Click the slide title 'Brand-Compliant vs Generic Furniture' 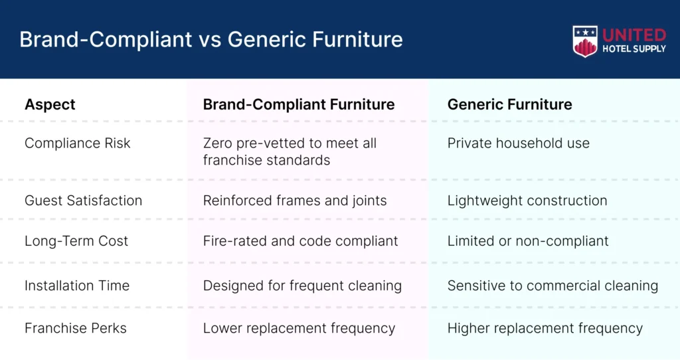[211, 39]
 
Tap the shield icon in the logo [585, 42]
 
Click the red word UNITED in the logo [634, 35]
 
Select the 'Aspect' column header [50, 104]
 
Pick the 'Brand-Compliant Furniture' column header [299, 104]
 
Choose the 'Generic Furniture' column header [509, 104]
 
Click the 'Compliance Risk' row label [77, 143]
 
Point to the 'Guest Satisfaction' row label [83, 201]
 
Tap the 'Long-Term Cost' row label [76, 240]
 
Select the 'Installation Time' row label [77, 286]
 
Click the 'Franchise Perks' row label [76, 328]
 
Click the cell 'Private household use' [518, 143]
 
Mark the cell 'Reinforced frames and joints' [295, 201]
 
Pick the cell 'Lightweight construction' [527, 201]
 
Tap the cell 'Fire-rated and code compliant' [301, 240]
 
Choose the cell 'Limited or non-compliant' [528, 240]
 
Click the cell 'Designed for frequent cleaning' [302, 286]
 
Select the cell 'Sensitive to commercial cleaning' [553, 286]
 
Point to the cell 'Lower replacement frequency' [299, 328]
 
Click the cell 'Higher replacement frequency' [545, 328]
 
